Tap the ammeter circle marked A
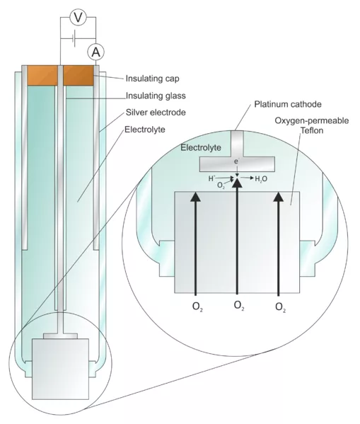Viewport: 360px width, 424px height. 95,50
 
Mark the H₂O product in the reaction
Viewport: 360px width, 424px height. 260,179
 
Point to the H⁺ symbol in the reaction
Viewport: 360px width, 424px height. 211,180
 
